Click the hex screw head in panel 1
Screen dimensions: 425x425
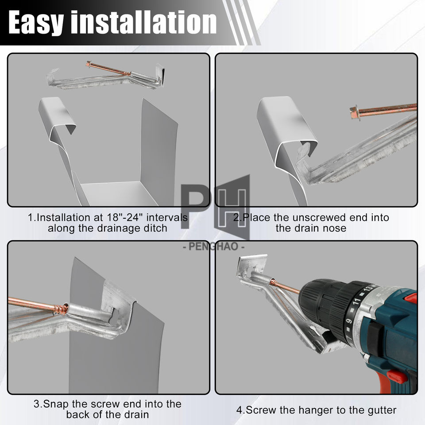pyautogui.click(x=89, y=64)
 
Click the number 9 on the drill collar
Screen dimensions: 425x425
pyautogui.click(x=349, y=321)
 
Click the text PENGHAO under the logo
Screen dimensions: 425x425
pyautogui.click(x=213, y=247)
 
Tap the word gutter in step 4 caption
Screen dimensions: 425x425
pyautogui.click(x=382, y=410)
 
